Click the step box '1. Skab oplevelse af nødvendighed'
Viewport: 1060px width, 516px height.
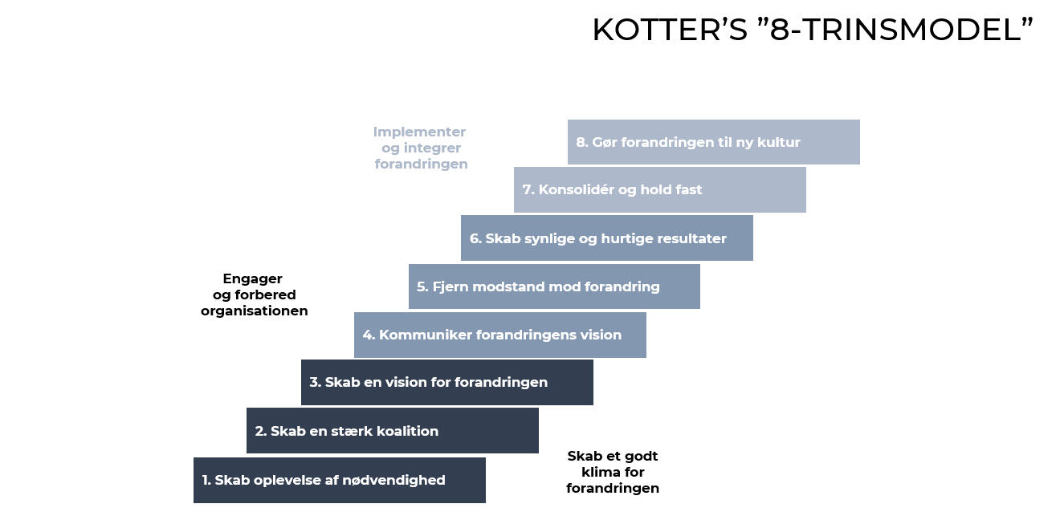click(x=339, y=480)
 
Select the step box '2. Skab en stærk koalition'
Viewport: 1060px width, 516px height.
click(x=392, y=431)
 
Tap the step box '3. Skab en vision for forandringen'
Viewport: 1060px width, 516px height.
click(x=446, y=382)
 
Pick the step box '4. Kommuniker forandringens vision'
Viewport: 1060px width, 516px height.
click(x=499, y=335)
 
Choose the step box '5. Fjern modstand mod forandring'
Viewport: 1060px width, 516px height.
click(x=554, y=286)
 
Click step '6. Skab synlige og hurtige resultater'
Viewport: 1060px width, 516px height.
click(x=606, y=238)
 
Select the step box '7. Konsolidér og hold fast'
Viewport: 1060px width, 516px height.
click(x=659, y=190)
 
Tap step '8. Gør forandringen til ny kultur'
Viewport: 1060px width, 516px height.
click(x=713, y=142)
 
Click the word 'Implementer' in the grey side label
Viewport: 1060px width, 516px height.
click(x=419, y=132)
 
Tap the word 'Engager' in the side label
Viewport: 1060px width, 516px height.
click(x=252, y=278)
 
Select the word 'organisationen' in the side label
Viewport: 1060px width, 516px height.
click(x=254, y=311)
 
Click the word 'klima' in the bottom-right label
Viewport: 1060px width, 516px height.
click(x=600, y=472)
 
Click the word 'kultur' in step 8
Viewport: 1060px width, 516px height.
click(x=780, y=142)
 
